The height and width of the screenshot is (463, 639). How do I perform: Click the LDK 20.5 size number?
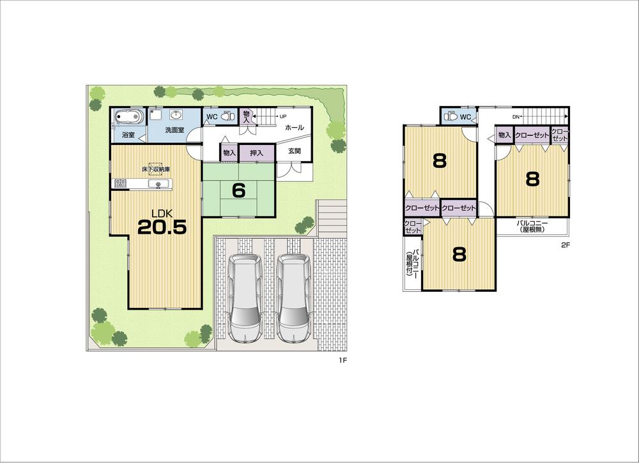(162, 227)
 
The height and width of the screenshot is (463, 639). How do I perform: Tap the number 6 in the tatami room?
(239, 191)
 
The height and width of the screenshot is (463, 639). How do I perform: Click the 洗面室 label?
(174, 130)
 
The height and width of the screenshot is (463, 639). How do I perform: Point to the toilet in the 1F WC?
(226, 117)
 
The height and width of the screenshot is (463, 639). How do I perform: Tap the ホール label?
(295, 128)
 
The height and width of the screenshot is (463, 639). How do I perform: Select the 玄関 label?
(294, 151)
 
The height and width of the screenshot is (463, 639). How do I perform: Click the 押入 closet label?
(257, 153)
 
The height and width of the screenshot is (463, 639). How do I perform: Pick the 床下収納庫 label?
(156, 170)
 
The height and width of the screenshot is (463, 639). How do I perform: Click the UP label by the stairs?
(282, 117)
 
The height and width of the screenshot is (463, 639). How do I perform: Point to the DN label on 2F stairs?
(516, 117)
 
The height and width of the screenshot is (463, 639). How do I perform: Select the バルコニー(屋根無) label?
(532, 226)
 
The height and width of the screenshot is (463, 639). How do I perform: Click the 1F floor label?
(343, 361)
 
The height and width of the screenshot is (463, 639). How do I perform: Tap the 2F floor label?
(565, 245)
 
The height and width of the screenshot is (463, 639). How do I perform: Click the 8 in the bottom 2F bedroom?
(459, 254)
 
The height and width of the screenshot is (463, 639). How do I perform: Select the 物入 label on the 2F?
(504, 135)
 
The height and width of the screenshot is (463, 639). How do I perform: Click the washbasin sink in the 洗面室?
(176, 115)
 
